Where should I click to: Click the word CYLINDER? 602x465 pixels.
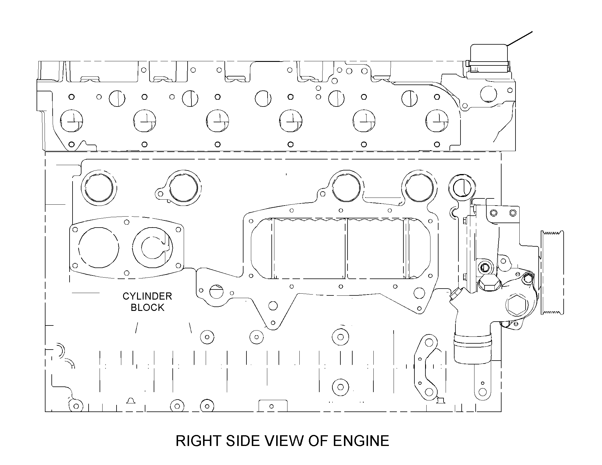(147, 296)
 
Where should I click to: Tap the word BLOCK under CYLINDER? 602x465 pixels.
(147, 308)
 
